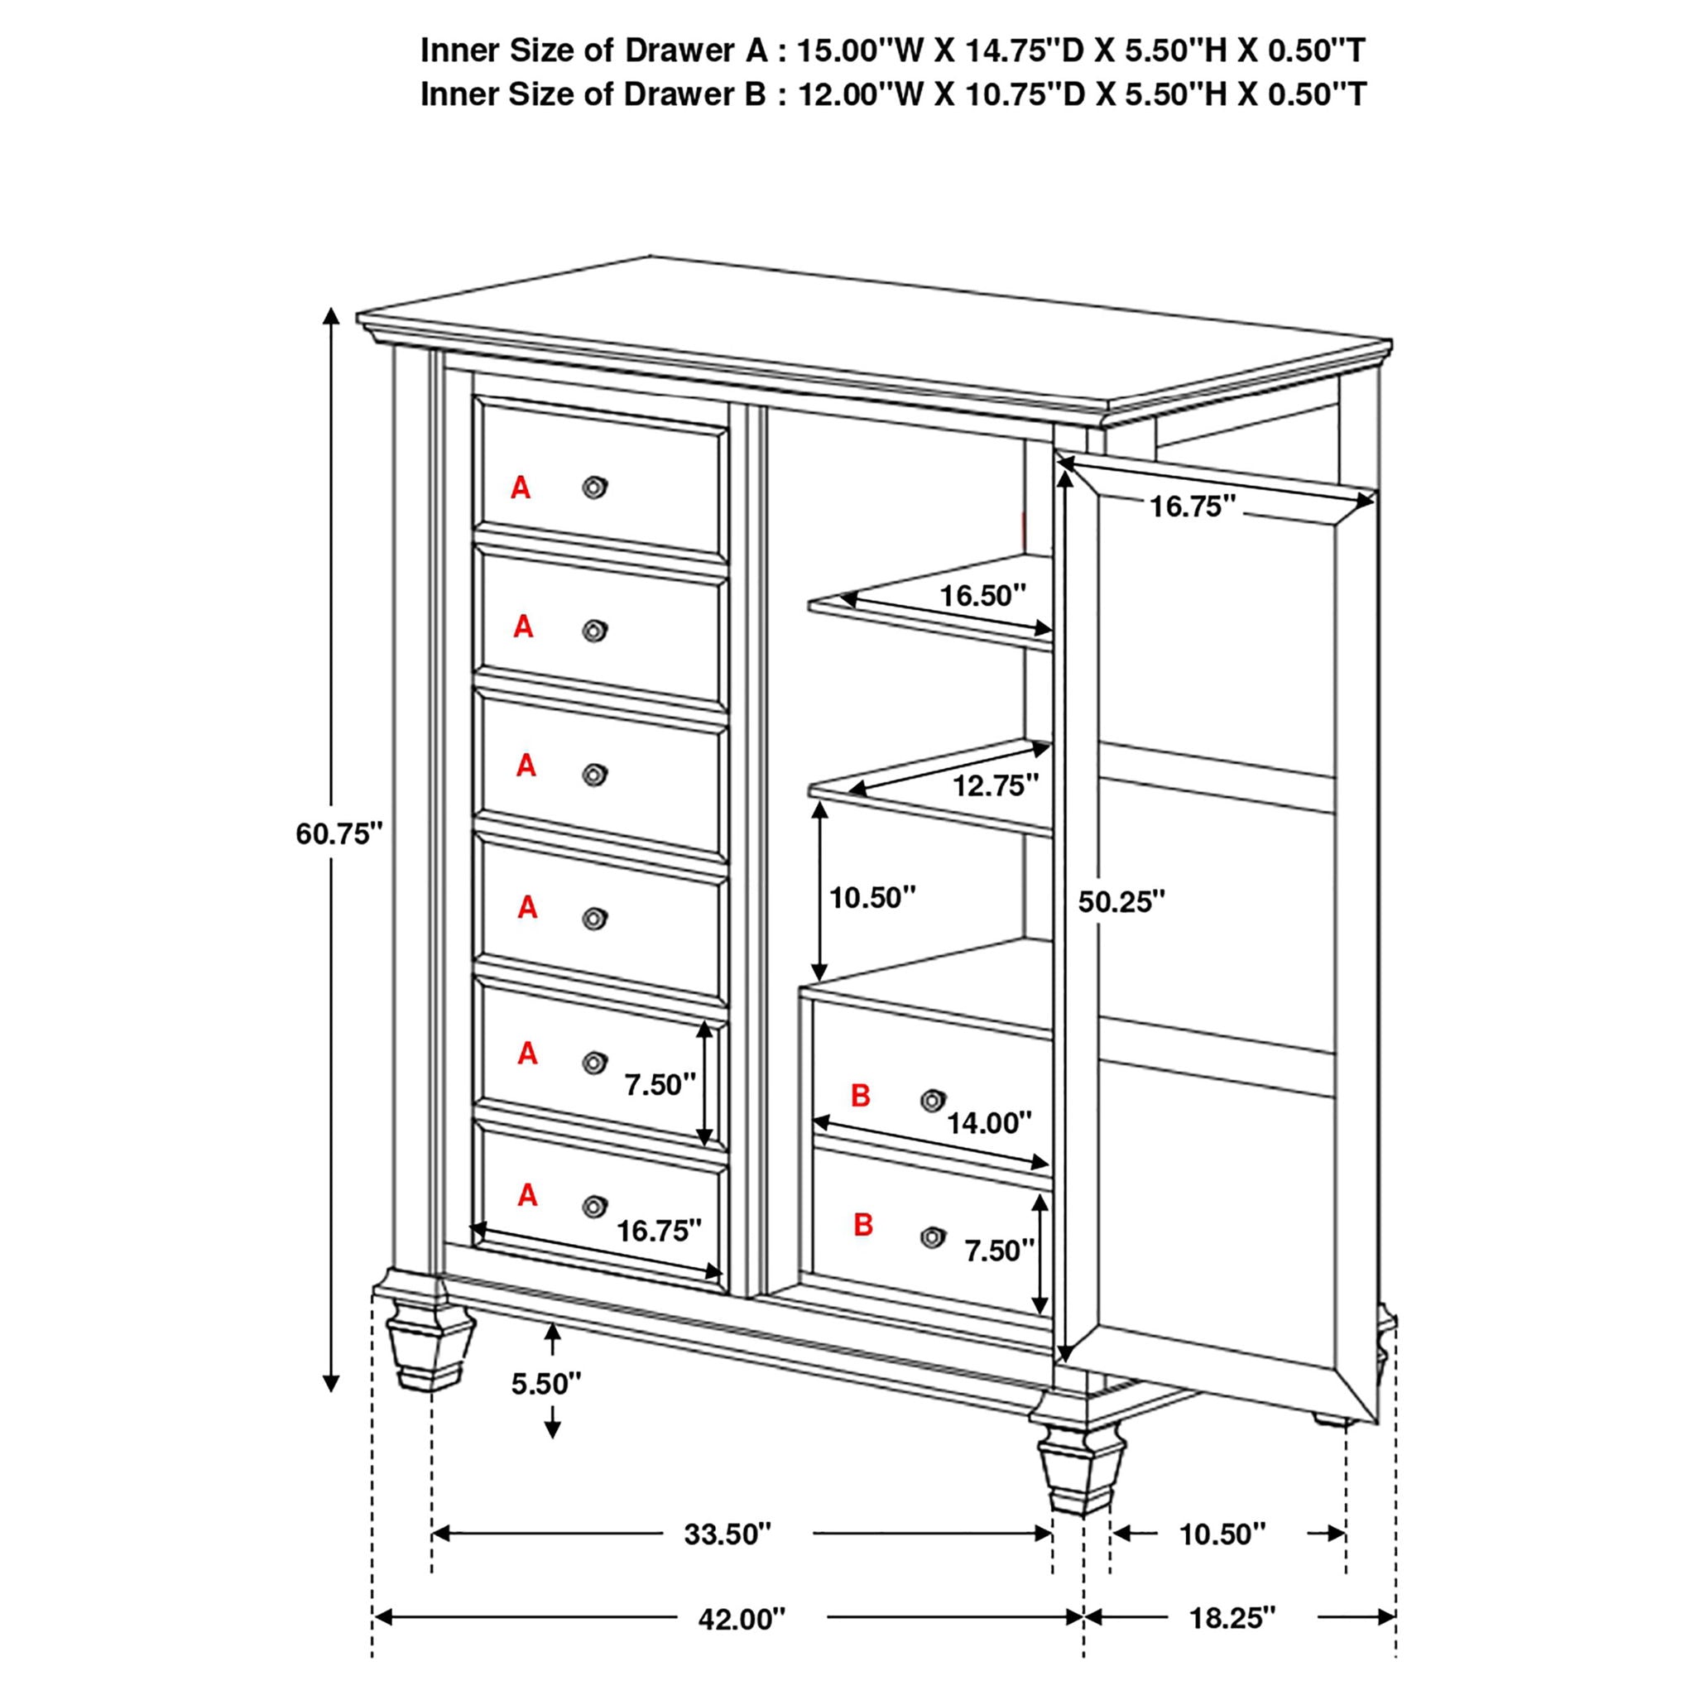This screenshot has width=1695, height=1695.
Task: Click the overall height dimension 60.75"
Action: pos(339,833)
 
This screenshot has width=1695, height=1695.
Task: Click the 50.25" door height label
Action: pos(1121,902)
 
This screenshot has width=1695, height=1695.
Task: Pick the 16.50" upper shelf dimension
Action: pos(982,597)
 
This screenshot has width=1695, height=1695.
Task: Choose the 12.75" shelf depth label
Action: pos(996,786)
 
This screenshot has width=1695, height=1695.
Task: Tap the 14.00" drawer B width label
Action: pos(989,1122)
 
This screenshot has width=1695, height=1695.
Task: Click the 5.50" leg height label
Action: pos(545,1385)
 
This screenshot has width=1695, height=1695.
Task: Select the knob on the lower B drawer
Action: pos(933,1237)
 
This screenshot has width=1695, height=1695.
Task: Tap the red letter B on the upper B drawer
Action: pos(861,1096)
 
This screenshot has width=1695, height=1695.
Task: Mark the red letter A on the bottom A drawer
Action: pos(526,1195)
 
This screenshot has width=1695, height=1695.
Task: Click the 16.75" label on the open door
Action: pos(1193,507)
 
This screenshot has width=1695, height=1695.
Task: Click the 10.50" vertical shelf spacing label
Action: pos(872,897)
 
